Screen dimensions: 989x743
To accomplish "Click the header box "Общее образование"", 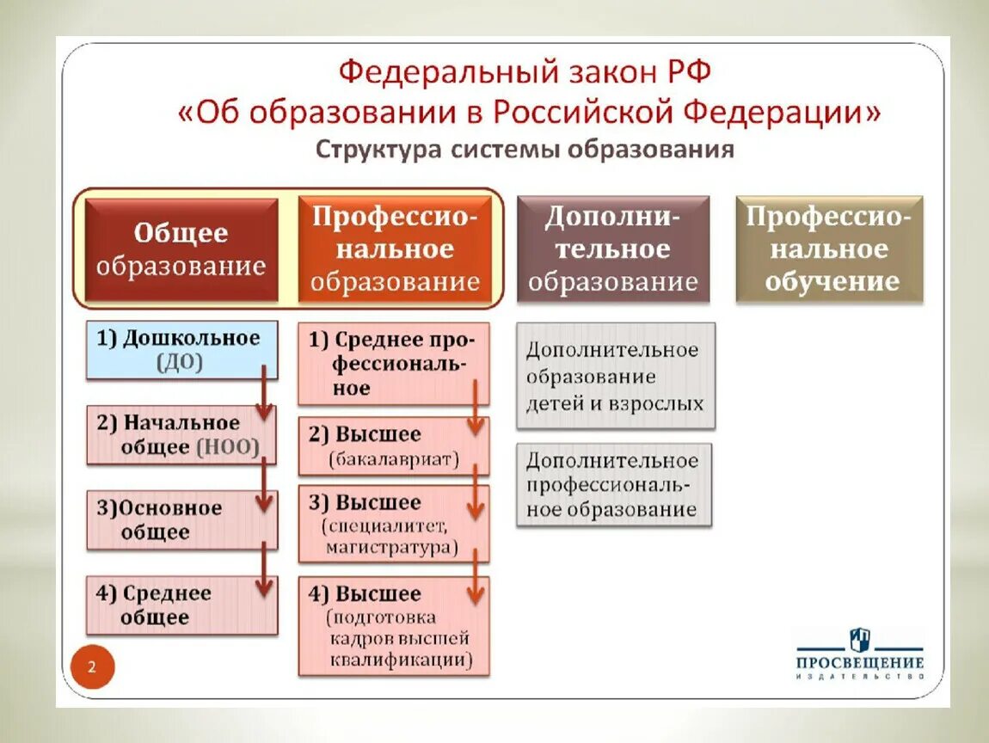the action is point(181,249).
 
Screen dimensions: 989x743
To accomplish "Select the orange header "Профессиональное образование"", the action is point(395,249).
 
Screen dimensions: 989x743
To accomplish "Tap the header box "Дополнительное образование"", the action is point(612,249).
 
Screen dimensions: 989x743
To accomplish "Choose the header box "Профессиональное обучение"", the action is point(830,249).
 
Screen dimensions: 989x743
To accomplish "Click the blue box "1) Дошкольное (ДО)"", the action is point(181,349).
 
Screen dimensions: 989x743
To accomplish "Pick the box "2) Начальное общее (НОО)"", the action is point(181,434).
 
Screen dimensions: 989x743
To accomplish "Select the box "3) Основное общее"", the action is point(181,519).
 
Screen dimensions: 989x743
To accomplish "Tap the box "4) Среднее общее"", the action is point(181,605).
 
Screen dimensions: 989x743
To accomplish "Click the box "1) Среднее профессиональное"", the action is point(393,364).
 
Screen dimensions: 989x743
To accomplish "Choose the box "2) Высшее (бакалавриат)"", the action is point(393,445).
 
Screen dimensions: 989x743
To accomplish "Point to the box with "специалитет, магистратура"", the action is point(393,524).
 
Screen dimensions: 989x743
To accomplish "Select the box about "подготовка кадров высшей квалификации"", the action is point(393,625).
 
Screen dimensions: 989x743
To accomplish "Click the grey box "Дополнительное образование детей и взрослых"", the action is point(615,376).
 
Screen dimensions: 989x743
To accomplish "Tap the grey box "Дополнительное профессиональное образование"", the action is point(615,484).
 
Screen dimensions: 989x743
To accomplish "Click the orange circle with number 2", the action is point(90,666).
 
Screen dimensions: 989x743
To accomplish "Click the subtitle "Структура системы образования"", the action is point(525,150).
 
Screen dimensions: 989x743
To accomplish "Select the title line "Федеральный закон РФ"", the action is point(525,71).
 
